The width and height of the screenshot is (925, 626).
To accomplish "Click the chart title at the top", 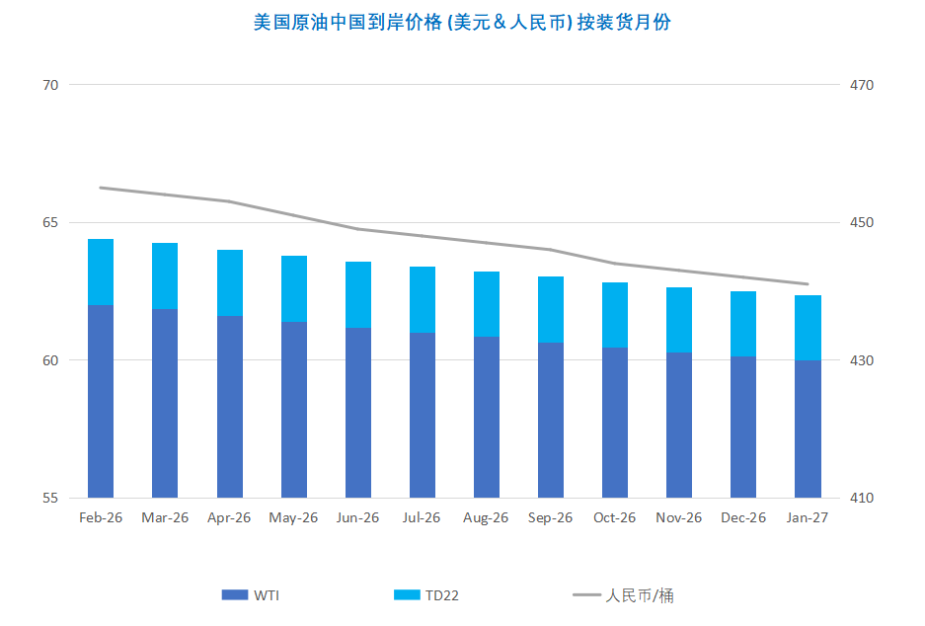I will point(462,22).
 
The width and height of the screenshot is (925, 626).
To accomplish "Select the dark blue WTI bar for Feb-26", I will point(101,401).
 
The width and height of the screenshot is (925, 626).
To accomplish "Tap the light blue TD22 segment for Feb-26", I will point(101,273).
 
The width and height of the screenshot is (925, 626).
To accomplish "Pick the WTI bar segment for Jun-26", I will point(358,412).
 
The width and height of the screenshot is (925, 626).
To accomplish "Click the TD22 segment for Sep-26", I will point(551,309).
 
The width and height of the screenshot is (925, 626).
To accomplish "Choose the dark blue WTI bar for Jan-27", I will point(808,429).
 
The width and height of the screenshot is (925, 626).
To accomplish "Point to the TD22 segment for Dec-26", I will point(743,324).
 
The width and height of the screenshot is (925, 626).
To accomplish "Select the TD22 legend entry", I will point(426,595).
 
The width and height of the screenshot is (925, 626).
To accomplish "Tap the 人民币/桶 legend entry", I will point(624,595).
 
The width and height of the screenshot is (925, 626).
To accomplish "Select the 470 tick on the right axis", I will point(862,85).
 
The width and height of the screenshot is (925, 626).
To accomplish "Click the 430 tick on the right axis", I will point(862,360).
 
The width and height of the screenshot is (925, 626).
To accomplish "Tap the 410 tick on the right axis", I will point(862,498).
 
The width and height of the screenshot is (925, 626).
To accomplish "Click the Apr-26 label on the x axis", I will point(229,517).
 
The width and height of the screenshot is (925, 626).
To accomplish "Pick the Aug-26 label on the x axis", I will point(486,517).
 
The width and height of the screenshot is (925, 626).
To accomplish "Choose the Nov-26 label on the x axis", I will point(679,517).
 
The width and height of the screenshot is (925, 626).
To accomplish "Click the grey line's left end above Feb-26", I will point(101,188).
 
